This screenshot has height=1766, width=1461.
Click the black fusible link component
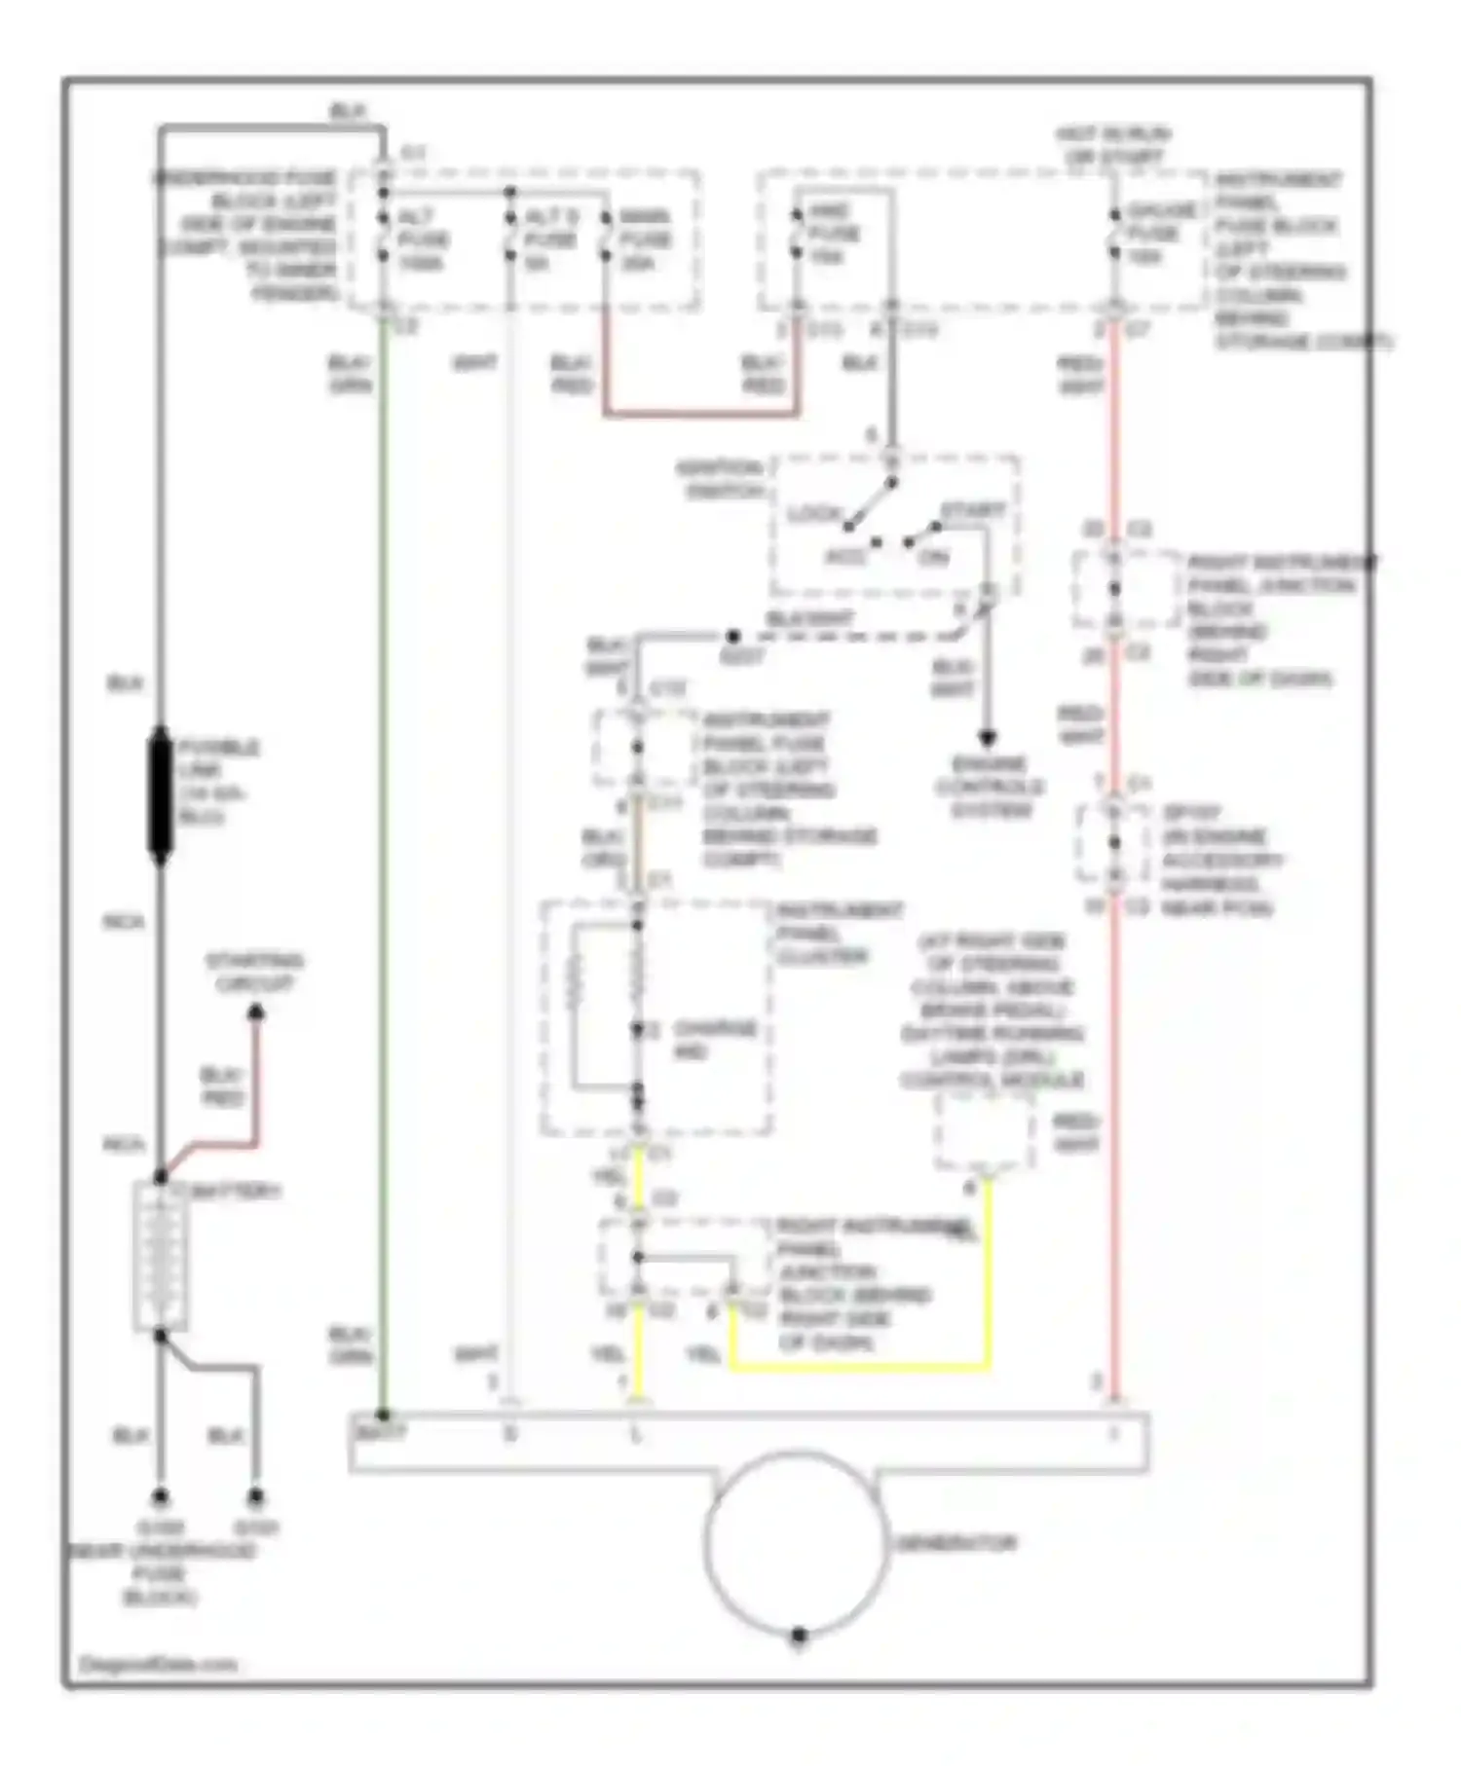(x=160, y=794)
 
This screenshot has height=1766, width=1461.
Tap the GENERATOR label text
(x=955, y=1543)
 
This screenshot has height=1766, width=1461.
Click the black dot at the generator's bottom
(x=798, y=1635)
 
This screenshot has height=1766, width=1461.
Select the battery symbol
(x=160, y=1256)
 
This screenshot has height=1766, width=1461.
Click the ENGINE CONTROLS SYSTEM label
(x=989, y=787)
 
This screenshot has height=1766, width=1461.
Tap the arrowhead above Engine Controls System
(x=987, y=737)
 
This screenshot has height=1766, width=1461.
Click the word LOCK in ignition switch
(x=813, y=513)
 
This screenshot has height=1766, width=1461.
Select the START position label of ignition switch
(x=971, y=510)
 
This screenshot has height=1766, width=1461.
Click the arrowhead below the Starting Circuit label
(x=255, y=1012)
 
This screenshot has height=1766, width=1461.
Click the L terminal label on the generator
(x=636, y=1434)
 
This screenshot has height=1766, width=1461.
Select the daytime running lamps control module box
(x=983, y=1131)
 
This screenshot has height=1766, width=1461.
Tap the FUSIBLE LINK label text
(x=217, y=781)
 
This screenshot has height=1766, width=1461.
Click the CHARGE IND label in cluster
(x=712, y=1040)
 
